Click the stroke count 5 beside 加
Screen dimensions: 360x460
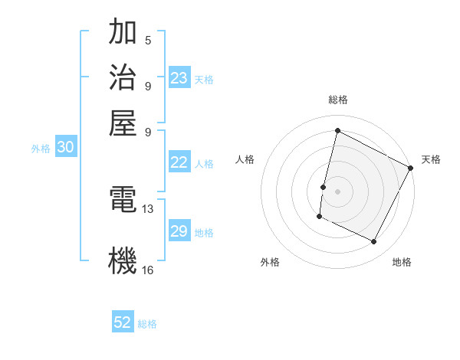coord(147,40)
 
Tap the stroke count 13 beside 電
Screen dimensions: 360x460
coord(148,208)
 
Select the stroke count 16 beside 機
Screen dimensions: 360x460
coord(148,270)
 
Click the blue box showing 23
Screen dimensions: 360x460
coord(179,77)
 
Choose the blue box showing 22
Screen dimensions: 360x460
coord(179,162)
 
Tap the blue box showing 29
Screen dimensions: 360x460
coord(179,231)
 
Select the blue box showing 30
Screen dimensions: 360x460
coord(65,148)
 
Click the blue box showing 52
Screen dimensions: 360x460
coord(123,322)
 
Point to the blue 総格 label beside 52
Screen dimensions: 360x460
coord(148,324)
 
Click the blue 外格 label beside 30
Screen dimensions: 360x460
coord(41,149)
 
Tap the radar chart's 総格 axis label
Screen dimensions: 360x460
coord(337,100)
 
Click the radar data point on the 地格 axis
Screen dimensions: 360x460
coord(374,242)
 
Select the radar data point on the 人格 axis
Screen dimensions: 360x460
coord(324,186)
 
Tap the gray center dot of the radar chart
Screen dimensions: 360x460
coord(337,191)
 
